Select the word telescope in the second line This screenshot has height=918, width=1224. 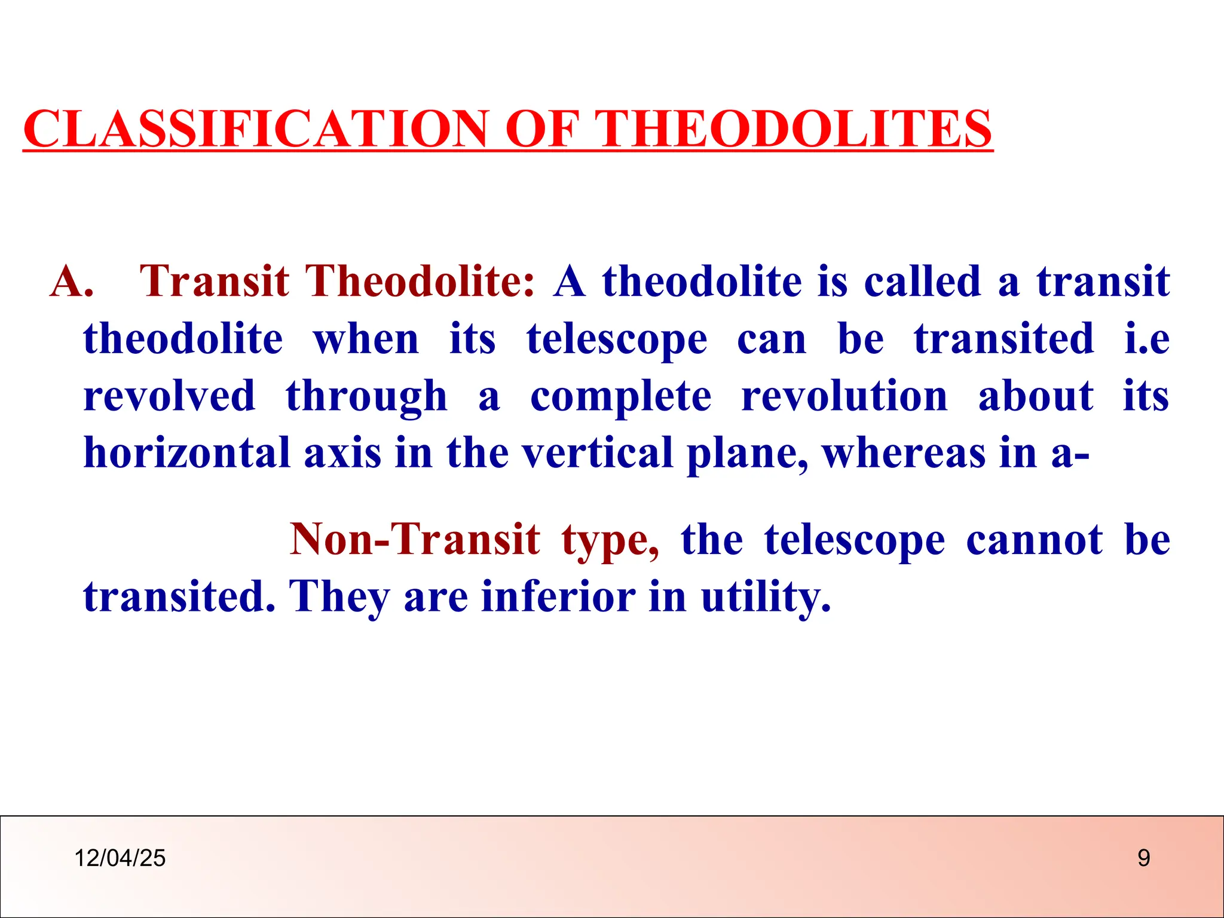pos(617,339)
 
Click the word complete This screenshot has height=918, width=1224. pos(620,397)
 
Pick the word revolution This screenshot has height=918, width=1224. pos(844,397)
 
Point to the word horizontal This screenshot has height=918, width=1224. pos(186,453)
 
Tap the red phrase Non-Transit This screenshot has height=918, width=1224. pos(415,540)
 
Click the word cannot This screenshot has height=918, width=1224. pos(1034,540)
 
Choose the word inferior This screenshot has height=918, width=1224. pos(558,596)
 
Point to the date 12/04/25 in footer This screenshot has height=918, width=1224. pos(120,858)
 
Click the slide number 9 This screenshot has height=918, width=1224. pos(1143,858)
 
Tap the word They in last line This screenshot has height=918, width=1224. pos(339,596)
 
